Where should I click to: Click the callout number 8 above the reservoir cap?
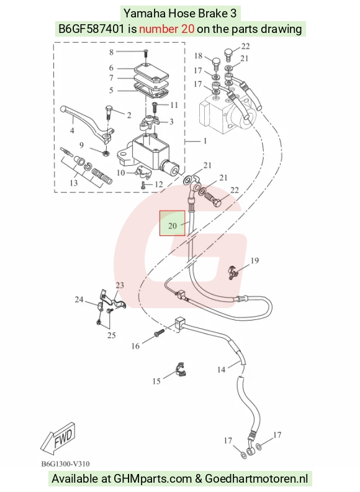[x=111, y=52]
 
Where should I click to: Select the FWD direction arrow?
[x=58, y=437]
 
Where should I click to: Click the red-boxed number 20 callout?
[x=172, y=225]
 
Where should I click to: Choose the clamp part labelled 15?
[x=181, y=370]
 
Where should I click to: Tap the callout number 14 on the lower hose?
[x=221, y=370]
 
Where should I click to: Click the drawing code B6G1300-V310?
[x=66, y=464]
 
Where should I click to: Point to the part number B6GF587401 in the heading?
[x=92, y=29]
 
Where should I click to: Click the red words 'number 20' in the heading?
[x=166, y=29]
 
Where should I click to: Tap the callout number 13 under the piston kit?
[x=74, y=183]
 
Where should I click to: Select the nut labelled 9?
[x=106, y=153]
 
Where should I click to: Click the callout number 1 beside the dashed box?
[x=205, y=140]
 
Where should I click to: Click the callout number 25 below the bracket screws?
[x=112, y=335]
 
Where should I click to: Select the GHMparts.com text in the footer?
[x=153, y=479]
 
